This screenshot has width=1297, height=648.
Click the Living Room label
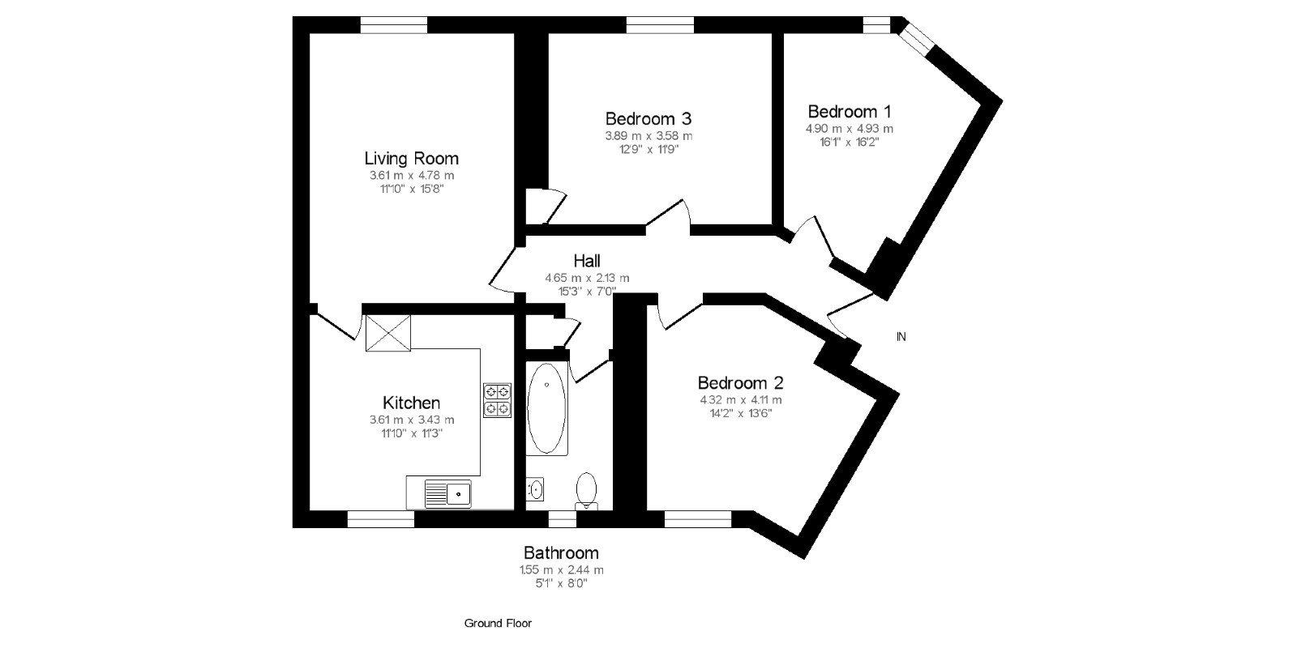click(411, 159)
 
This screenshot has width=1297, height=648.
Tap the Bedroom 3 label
click(648, 118)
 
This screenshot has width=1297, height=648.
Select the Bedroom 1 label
click(850, 111)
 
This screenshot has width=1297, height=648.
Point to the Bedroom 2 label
click(741, 382)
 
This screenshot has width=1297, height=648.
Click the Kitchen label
click(411, 403)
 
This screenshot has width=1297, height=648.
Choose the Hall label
click(587, 261)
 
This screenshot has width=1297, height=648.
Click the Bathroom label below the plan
click(561, 552)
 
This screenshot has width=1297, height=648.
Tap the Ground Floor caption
click(498, 623)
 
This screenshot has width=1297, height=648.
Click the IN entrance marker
click(901, 336)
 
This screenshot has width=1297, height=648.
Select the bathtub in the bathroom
click(547, 408)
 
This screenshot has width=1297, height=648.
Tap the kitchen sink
click(448, 492)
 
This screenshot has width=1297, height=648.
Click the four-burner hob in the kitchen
click(498, 400)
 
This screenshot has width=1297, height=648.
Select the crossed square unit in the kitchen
click(388, 332)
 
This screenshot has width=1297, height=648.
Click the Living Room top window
click(393, 26)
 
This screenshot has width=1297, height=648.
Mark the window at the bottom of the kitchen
click(380, 519)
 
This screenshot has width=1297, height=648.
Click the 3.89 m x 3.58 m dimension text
click(648, 136)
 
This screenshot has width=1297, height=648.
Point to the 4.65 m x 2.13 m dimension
click(587, 278)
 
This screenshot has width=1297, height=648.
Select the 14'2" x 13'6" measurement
click(741, 413)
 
